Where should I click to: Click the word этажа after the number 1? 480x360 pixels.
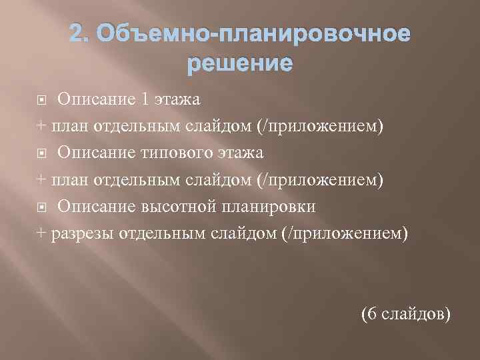(178, 100)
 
